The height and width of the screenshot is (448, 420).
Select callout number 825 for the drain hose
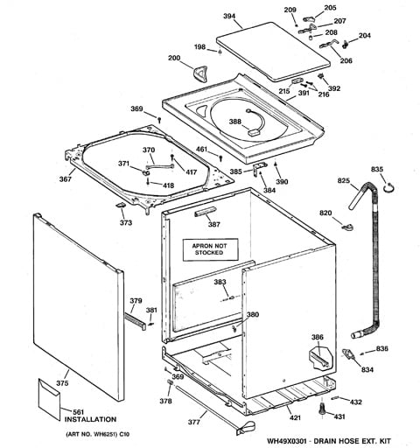point(344,182)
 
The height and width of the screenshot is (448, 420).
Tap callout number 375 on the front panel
point(62,382)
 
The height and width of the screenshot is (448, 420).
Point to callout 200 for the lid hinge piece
point(174,59)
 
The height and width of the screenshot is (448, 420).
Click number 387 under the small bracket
point(213,225)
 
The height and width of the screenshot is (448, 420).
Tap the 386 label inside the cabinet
point(318,337)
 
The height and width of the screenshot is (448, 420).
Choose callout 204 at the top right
point(365,36)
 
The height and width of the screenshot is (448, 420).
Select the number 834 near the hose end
point(356,369)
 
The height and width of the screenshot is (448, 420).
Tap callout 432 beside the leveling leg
point(355,402)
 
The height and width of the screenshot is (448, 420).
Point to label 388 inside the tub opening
point(235,122)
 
